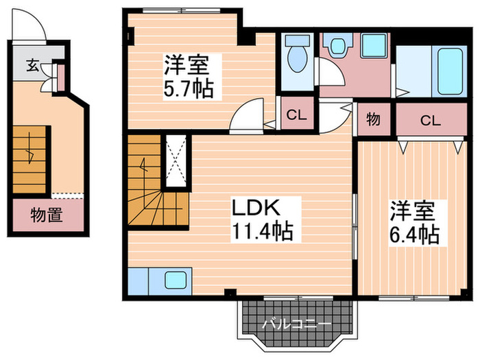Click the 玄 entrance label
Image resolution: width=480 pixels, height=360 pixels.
32,66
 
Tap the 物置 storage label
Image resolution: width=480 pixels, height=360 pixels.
47,216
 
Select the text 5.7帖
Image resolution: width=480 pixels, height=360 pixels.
188,88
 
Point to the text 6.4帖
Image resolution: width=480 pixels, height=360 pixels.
415,235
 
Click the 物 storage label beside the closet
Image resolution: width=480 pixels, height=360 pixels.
373,120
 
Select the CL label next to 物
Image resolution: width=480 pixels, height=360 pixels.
430,121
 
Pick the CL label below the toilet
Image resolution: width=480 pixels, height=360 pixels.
296,114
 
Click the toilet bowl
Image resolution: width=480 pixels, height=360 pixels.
297,59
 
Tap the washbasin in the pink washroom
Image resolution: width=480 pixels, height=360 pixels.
337,46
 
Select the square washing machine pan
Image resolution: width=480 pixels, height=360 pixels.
374,46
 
